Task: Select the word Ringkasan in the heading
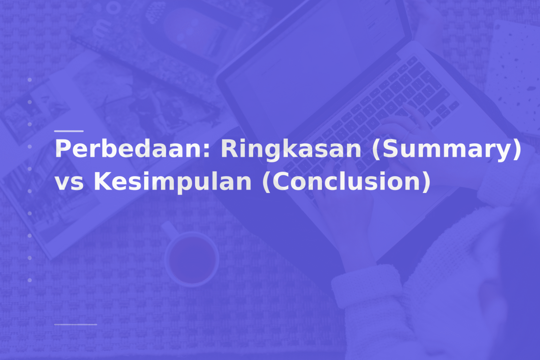(x=291, y=149)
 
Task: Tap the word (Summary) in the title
(x=446, y=149)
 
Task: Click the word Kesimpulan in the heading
(x=173, y=182)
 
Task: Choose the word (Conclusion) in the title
(x=347, y=182)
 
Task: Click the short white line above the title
(x=69, y=131)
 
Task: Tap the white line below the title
(x=76, y=324)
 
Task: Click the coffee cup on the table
(x=192, y=259)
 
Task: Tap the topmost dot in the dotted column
(x=30, y=80)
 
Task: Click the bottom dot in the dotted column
(x=30, y=280)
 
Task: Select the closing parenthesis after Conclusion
(x=426, y=182)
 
